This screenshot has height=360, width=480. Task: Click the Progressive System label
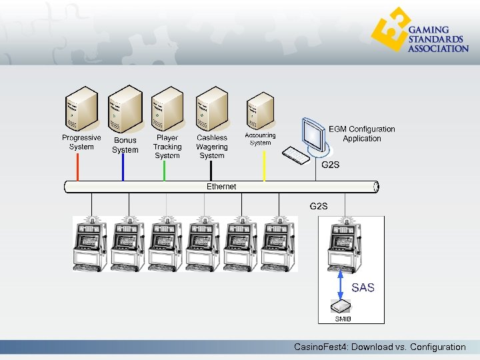tap(81, 142)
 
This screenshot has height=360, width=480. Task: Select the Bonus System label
tap(125, 145)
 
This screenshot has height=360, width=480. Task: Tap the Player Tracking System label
tap(167, 147)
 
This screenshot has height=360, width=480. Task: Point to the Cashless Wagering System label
tap(212, 147)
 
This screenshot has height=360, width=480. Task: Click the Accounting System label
tap(260, 139)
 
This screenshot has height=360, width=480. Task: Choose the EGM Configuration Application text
tap(362, 134)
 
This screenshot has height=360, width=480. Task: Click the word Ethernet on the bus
tap(221, 187)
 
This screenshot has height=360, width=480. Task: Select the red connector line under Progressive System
tap(78, 166)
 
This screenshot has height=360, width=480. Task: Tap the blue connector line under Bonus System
tap(123, 167)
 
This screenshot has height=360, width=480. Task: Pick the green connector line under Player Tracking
tap(165, 170)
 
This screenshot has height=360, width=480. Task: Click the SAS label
tap(363, 288)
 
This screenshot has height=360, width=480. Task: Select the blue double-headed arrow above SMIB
tap(341, 283)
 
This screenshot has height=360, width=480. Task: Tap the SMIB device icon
tap(341, 306)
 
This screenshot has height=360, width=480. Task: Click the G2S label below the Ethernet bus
tap(319, 206)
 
